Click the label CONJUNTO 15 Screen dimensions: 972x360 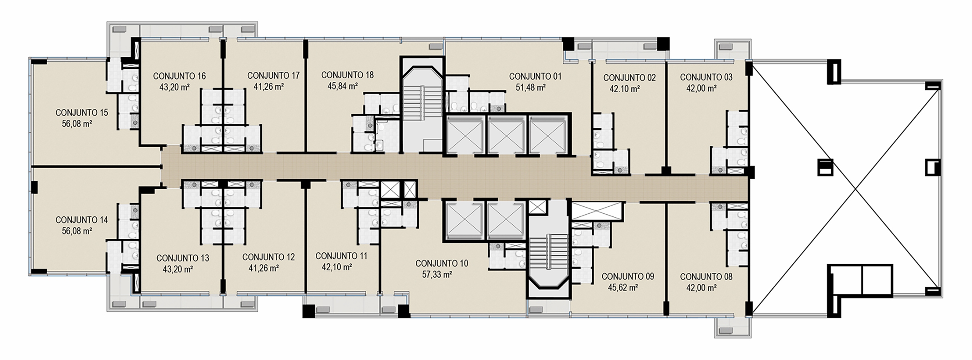[x=82, y=113]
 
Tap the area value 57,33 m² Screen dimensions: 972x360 [x=437, y=274]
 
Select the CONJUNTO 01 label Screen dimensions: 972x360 [x=535, y=76]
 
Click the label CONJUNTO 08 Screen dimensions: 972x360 [x=706, y=276]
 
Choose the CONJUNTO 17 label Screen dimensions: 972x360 [x=273, y=76]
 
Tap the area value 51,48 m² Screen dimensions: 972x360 [x=531, y=88]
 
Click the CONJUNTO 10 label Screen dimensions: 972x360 [x=442, y=264]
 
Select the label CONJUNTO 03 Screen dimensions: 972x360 [x=706, y=77]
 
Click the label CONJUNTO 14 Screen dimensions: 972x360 [x=82, y=220]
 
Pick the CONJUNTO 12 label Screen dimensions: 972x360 [x=269, y=257]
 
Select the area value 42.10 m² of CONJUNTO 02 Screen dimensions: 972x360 [x=625, y=89]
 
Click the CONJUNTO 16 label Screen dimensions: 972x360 [x=180, y=76]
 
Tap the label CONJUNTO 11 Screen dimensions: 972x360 [x=341, y=256]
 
